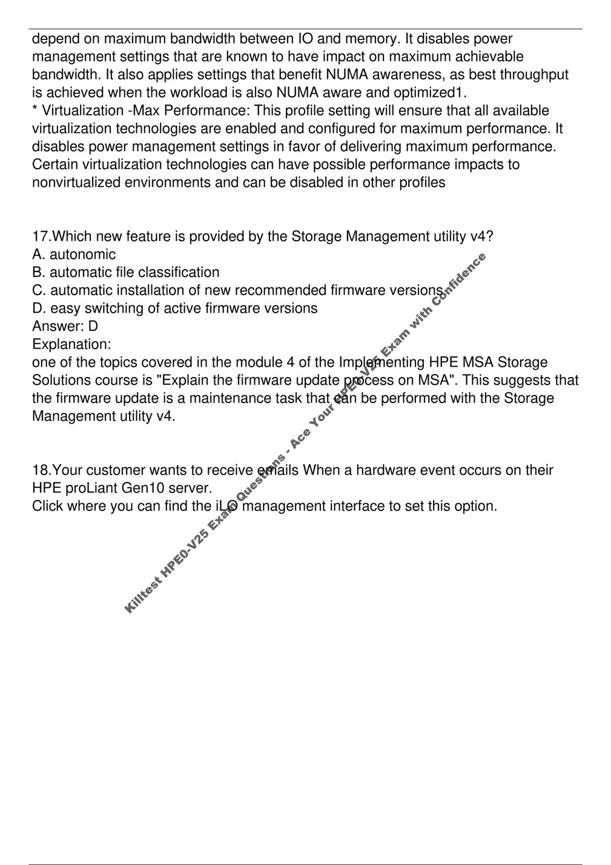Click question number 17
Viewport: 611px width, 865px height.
[42, 236]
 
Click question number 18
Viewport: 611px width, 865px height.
[42, 470]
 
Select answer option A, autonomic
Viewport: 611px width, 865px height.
[74, 255]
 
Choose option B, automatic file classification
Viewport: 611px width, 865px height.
[126, 273]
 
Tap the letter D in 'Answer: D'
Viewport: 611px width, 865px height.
[93, 327]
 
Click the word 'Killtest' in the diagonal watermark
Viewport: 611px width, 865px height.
[143, 594]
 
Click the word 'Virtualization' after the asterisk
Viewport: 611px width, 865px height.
[82, 111]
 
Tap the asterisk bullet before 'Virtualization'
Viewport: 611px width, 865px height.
[35, 110]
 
